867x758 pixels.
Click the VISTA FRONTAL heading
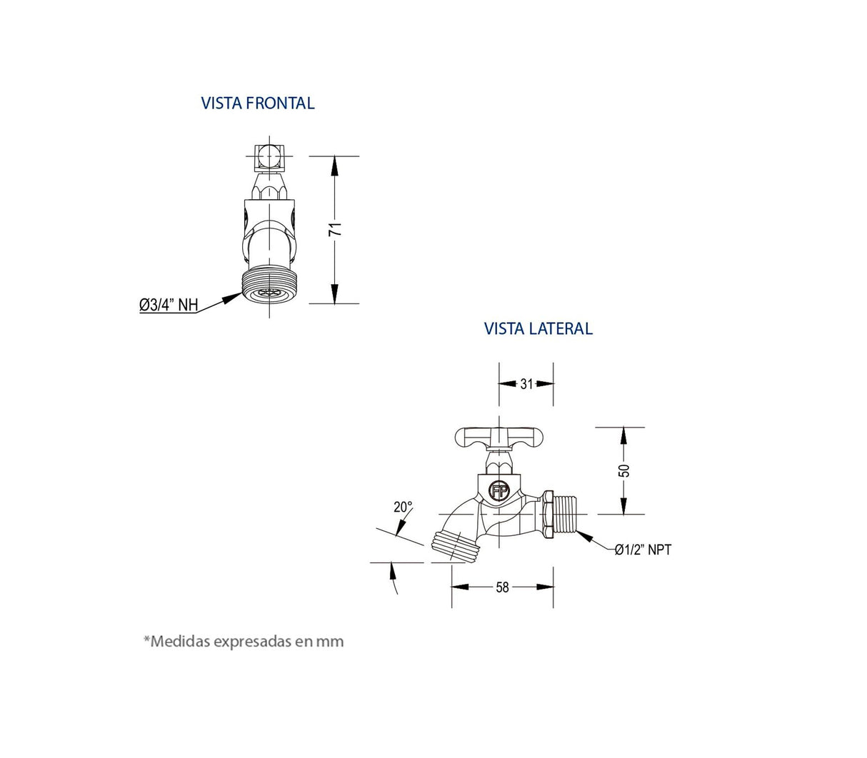[x=257, y=103]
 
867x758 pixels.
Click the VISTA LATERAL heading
[x=538, y=328]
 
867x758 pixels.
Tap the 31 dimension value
[x=526, y=384]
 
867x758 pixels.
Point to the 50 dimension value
[x=623, y=470]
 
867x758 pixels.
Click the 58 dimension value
[x=502, y=587]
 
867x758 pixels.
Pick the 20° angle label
[x=403, y=507]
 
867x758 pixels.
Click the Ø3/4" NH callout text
[x=169, y=305]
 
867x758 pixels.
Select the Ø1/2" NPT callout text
[x=643, y=550]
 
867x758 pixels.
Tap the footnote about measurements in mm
[x=244, y=641]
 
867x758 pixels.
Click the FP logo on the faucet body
[x=498, y=490]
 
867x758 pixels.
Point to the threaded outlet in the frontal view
[x=269, y=286]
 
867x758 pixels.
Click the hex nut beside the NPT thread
[x=547, y=513]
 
